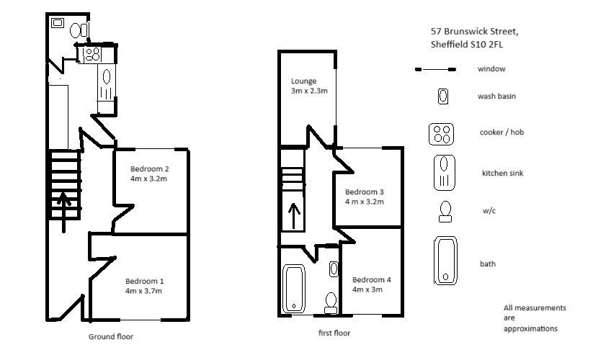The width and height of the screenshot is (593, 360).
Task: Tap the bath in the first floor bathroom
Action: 294,289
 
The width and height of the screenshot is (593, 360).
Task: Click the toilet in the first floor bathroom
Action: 331,303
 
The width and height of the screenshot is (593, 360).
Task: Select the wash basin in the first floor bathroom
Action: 334,269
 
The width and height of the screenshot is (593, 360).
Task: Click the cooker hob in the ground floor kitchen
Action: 92,54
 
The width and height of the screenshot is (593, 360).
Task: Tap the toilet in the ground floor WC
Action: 79,30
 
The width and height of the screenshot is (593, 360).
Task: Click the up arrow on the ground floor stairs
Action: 63,212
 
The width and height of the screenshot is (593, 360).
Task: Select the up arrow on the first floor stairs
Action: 294,216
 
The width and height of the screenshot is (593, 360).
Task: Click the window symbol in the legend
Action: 435,70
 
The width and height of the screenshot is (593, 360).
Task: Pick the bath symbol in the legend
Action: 445,261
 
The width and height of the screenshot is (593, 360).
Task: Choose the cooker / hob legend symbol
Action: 442,134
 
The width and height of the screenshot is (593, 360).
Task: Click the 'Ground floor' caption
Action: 111,336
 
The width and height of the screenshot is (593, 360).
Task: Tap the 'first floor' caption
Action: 334,333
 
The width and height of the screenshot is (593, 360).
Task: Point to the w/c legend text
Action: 489,210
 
